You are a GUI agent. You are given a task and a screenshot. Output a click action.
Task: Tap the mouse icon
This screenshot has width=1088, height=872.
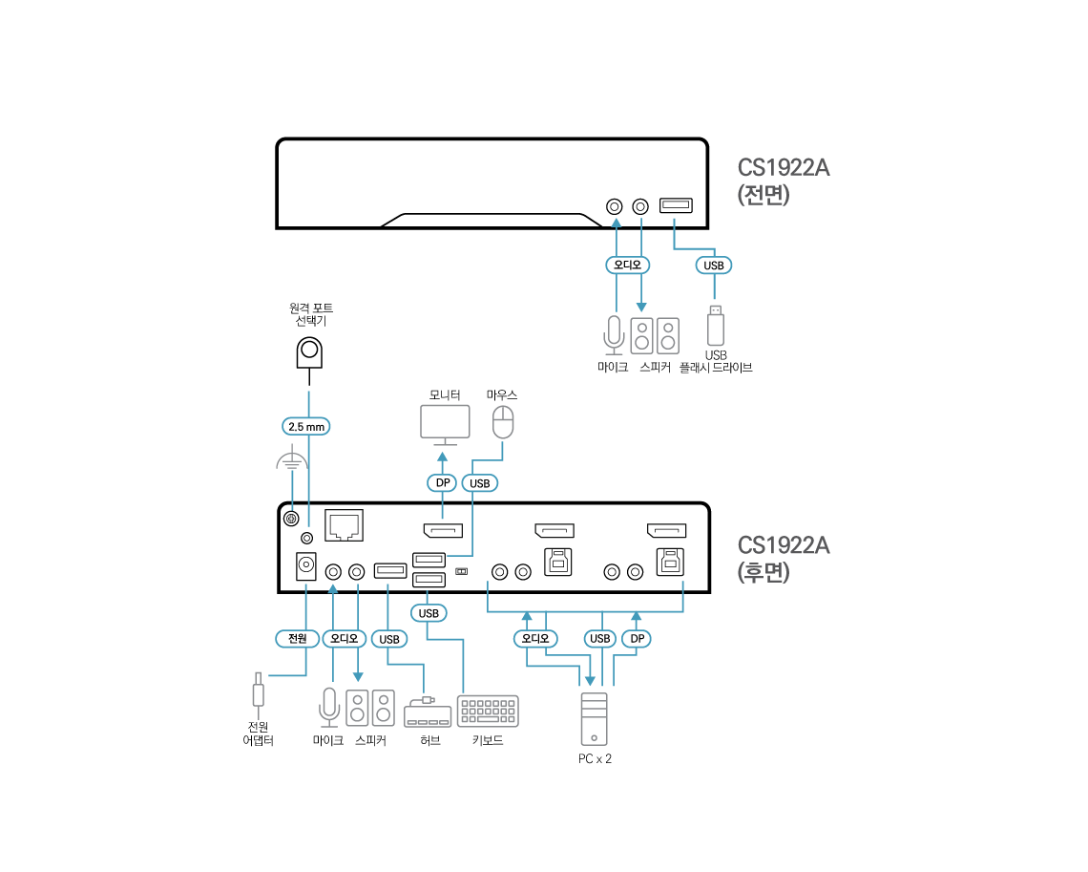pos(503,421)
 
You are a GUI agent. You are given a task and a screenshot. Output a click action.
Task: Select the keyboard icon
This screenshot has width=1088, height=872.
pos(487,712)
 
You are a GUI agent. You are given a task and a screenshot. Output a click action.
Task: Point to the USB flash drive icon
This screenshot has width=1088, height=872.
pos(715,325)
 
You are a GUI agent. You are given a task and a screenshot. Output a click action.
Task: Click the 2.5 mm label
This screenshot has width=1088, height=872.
pos(306,427)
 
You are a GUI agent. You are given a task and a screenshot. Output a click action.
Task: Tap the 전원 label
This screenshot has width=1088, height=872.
pos(297,638)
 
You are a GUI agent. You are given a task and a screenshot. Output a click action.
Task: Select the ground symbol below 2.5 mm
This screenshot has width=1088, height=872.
pos(291,463)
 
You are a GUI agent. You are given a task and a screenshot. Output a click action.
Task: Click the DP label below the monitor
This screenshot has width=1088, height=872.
pos(443,483)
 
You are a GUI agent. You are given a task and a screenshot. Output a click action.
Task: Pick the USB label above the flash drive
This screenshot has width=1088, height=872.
pos(714,266)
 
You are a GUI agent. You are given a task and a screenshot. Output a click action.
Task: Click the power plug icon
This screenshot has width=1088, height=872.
pos(258,691)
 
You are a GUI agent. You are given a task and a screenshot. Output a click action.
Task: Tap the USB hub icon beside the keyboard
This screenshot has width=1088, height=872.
pos(427,714)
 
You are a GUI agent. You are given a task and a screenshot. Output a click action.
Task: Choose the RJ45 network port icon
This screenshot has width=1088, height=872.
pos(344,525)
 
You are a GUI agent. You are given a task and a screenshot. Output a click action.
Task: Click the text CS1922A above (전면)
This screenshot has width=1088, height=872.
pos(783,168)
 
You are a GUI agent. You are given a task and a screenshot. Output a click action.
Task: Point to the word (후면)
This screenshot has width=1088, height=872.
pos(764,572)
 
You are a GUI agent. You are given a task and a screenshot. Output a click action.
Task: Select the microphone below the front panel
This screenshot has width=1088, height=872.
pos(615,335)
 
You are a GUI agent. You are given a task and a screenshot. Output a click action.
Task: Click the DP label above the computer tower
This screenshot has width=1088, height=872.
pos(637,638)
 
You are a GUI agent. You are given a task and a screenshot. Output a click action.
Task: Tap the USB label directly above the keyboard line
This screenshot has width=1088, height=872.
pos(429,612)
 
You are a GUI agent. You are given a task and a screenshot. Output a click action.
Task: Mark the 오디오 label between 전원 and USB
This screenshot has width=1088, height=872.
pos(344,638)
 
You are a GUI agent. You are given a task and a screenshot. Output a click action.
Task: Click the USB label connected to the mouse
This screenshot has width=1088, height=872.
pos(480,483)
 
